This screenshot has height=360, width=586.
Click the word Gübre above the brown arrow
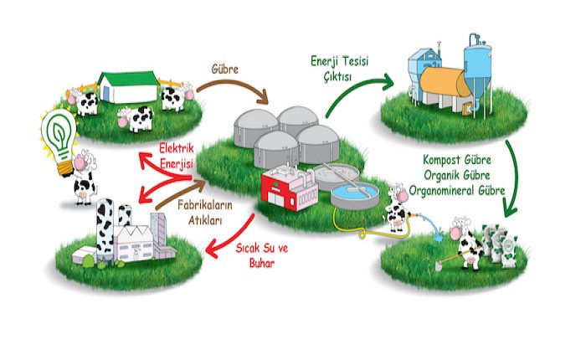(x=224, y=69)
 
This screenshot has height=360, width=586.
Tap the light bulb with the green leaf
(x=59, y=140)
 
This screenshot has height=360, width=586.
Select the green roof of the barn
(x=128, y=78)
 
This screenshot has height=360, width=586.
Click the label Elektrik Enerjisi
(x=177, y=156)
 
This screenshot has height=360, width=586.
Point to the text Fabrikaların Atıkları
(x=205, y=213)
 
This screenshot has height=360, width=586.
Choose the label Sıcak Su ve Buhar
(x=261, y=255)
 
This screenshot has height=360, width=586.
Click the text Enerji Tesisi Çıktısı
(x=339, y=69)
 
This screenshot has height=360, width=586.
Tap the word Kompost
(x=441, y=160)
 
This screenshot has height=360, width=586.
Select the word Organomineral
(x=442, y=190)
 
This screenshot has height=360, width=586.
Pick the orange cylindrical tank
(x=445, y=83)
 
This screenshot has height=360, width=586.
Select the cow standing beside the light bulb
(x=84, y=177)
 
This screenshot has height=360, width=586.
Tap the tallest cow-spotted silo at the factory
(x=105, y=230)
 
